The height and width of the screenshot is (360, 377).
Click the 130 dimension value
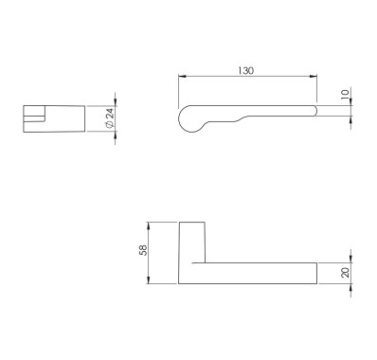pyautogui.click(x=245, y=70)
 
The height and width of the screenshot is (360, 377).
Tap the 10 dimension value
pyautogui.click(x=346, y=94)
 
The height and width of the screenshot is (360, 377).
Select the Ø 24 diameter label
pyautogui.click(x=110, y=118)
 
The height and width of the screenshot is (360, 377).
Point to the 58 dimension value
pyautogui.click(x=144, y=250)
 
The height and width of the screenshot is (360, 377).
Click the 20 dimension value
pyautogui.click(x=346, y=272)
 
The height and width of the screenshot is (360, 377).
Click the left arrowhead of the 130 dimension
pyautogui.click(x=182, y=76)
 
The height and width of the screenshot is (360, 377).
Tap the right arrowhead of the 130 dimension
pyautogui.click(x=314, y=76)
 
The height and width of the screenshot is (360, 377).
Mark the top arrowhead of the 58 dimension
pyautogui.click(x=148, y=226)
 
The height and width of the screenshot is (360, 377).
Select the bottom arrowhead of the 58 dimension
pyautogui.click(x=148, y=279)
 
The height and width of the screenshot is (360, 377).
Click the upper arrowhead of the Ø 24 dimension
pyautogui.click(x=116, y=101)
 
